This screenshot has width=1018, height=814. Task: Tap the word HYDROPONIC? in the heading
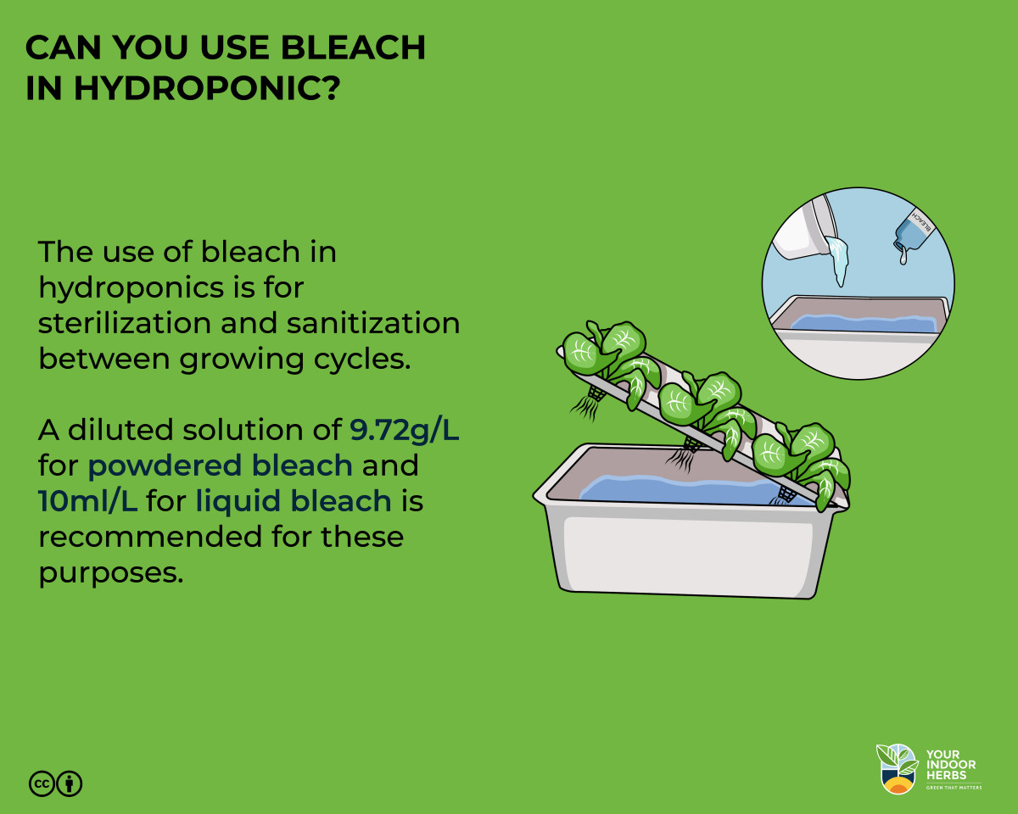click(x=207, y=88)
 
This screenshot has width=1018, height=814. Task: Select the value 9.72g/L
click(x=405, y=430)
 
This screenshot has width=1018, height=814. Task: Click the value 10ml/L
click(x=87, y=501)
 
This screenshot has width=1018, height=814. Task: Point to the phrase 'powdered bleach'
click(x=220, y=466)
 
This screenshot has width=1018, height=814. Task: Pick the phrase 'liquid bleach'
click(x=294, y=501)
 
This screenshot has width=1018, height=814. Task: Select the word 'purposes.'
click(x=111, y=572)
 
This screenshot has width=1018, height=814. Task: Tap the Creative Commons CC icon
click(x=42, y=784)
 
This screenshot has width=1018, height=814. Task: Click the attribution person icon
click(x=70, y=784)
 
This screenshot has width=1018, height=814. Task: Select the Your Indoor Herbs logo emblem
click(x=897, y=768)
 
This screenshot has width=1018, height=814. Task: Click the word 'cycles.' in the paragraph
click(x=366, y=359)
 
